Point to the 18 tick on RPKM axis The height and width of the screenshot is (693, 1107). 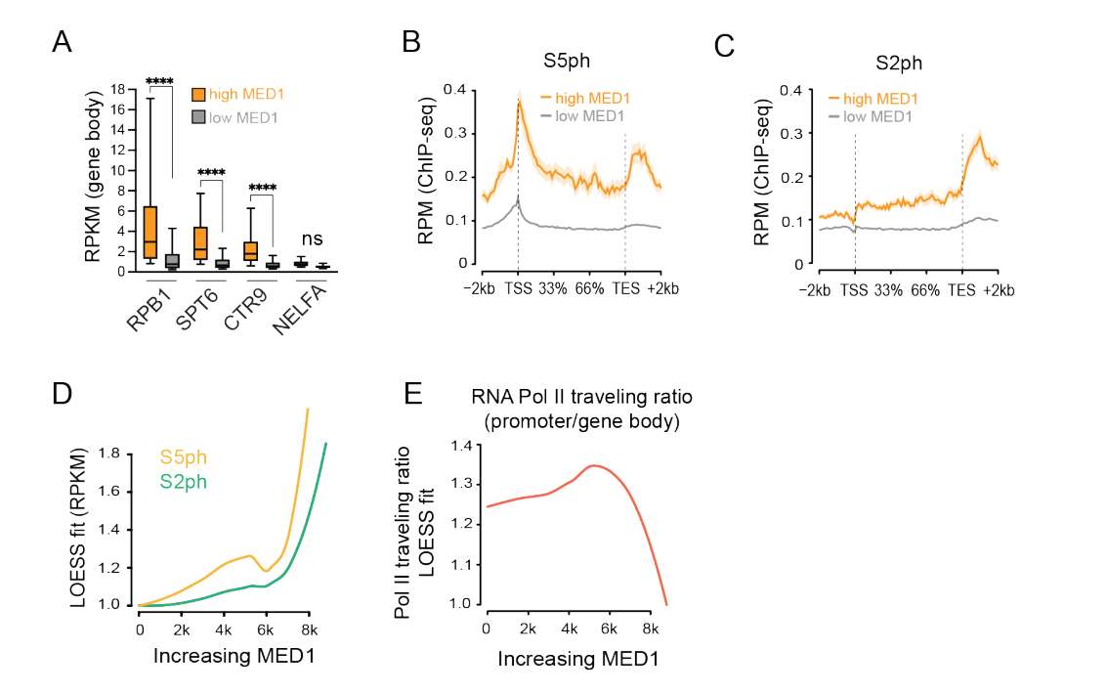(x=114, y=89)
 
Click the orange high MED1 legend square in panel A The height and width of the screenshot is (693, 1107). (x=199, y=95)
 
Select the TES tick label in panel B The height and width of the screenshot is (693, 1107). (x=624, y=289)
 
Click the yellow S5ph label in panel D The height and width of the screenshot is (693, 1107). (x=184, y=457)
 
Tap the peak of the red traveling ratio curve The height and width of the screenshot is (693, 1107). (x=592, y=465)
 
